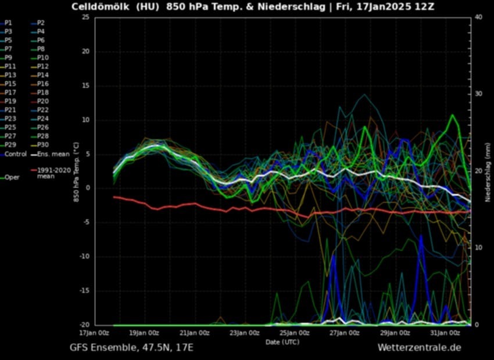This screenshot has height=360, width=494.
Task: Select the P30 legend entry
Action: tap(44, 145)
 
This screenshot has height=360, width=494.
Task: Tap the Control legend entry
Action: tap(15, 154)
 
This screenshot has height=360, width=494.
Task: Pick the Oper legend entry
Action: tap(12, 178)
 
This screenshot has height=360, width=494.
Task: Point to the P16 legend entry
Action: tap(44, 84)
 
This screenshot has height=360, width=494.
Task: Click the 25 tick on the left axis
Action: tap(85, 17)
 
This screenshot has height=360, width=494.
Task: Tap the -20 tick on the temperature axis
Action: tap(84, 325)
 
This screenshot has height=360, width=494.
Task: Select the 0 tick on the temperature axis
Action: tap(87, 188)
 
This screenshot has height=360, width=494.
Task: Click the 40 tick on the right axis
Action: tap(478, 17)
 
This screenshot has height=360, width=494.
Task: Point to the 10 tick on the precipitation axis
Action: tap(478, 248)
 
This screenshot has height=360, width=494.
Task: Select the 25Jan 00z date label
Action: tap(294, 333)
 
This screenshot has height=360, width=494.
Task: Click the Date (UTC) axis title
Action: tap(282, 342)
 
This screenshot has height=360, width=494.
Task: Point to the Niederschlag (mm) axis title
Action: tap(488, 172)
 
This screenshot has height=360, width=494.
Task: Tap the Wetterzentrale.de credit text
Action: tap(419, 348)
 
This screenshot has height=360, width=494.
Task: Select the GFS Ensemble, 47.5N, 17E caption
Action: tap(131, 348)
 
